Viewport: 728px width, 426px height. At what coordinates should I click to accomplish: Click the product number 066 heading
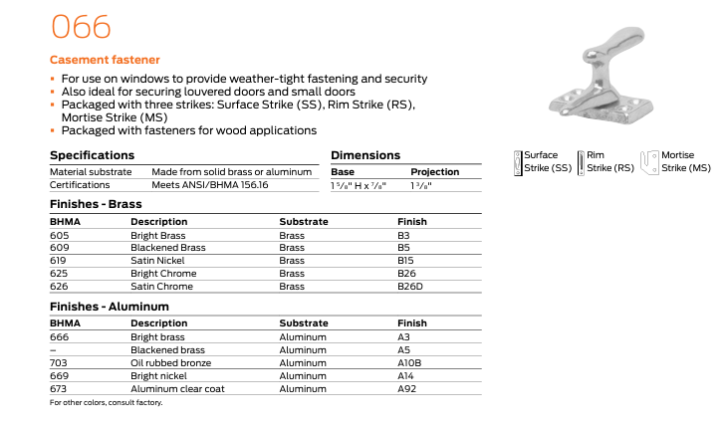[81, 26]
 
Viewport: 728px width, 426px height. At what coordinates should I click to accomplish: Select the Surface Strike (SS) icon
[518, 161]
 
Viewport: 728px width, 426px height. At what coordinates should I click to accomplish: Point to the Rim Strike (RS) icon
[581, 161]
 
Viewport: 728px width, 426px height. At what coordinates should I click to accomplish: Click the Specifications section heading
[92, 155]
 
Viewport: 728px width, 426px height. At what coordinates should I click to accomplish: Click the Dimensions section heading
[364, 155]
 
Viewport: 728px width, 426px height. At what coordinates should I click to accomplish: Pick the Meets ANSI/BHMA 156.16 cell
[217, 185]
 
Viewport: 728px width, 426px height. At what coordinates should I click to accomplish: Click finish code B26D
[410, 287]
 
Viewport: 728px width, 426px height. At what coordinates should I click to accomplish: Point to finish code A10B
[409, 363]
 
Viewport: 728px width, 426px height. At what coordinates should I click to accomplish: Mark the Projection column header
[434, 171]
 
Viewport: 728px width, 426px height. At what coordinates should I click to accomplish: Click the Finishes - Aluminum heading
[109, 307]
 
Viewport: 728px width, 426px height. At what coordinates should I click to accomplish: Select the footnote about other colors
[106, 403]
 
